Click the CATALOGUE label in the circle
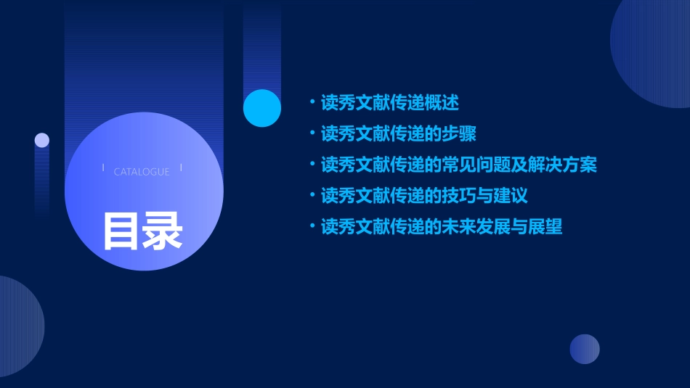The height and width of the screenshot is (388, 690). (142, 172)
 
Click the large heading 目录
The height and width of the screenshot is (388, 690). (142, 231)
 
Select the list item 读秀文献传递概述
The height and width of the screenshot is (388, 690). (390, 102)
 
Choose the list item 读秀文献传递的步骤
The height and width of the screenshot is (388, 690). (399, 133)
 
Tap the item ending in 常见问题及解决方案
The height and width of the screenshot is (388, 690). (458, 165)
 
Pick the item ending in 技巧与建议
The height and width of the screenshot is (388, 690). (424, 196)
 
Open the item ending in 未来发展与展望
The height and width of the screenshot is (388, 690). (442, 227)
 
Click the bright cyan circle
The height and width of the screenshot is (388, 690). (262, 108)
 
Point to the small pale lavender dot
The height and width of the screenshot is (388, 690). (42, 140)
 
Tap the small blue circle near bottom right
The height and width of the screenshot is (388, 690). (585, 349)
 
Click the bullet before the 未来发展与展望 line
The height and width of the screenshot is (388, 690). (312, 226)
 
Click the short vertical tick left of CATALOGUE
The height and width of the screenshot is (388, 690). (103, 168)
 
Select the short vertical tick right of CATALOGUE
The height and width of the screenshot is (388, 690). (181, 168)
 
